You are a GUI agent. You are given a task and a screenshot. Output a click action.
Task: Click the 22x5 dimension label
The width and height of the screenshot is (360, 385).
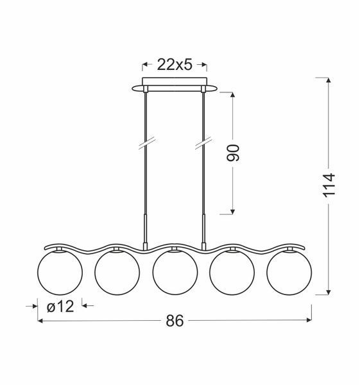[x=175, y=65]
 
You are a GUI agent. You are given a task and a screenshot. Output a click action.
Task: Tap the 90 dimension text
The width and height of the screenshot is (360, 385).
[x=233, y=153]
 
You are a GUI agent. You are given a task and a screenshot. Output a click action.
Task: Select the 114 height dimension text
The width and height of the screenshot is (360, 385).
[x=329, y=185]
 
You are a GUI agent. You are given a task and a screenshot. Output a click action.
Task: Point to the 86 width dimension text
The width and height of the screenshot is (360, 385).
[x=175, y=321]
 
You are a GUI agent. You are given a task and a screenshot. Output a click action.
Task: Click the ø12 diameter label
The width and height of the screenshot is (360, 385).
[x=60, y=307]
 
